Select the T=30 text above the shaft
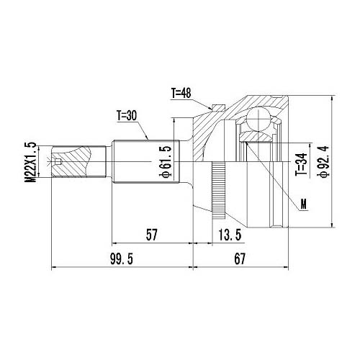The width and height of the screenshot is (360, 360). pyautogui.click(x=130, y=114)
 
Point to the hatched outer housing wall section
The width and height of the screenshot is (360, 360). pyautogui.click(x=216, y=133)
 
